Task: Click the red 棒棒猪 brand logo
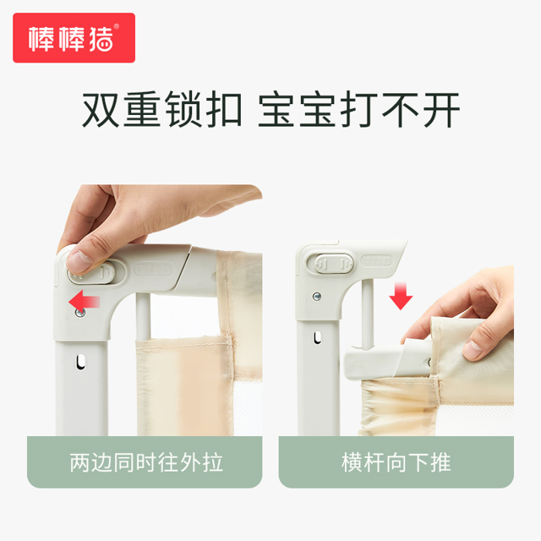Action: click(x=74, y=37)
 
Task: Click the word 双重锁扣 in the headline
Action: click(x=162, y=110)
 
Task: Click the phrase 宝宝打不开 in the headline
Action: click(x=358, y=110)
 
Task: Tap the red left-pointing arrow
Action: click(x=85, y=301)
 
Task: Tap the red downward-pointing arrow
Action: click(x=401, y=296)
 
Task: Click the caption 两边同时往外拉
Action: click(x=146, y=462)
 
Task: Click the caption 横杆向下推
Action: click(x=396, y=462)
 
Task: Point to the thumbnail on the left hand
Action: click(x=79, y=261)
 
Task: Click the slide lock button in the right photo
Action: click(x=331, y=264)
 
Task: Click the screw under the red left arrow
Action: click(x=80, y=313)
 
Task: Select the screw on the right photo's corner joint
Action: click(x=317, y=296)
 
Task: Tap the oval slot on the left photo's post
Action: click(x=81, y=363)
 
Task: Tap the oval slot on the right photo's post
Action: click(x=318, y=338)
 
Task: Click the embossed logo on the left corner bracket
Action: click(x=154, y=269)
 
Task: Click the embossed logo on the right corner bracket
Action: click(x=377, y=260)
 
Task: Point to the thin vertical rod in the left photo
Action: click(x=143, y=317)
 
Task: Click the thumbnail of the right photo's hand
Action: click(x=472, y=349)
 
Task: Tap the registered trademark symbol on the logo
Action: click(x=117, y=26)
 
